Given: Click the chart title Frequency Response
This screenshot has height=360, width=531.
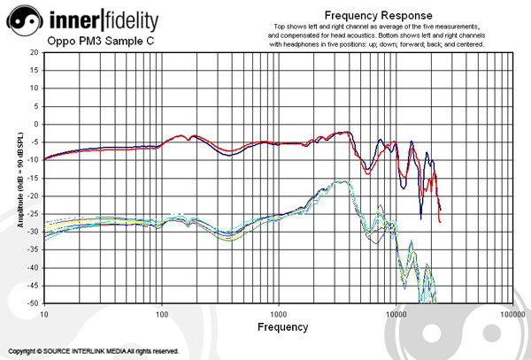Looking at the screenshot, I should [378, 15].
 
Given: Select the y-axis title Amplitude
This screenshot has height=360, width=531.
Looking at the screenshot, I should [19, 178].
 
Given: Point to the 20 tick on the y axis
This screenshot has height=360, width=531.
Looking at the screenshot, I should [34, 52].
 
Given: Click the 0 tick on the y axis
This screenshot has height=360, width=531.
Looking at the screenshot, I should [35, 124].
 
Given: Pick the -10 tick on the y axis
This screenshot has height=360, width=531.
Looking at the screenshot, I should [32, 160].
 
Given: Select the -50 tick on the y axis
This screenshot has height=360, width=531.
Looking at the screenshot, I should [32, 303].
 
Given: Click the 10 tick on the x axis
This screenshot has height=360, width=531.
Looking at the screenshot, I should [43, 313].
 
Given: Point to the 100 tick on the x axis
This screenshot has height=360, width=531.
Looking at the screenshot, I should [161, 313].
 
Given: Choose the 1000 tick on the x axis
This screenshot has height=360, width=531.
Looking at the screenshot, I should [279, 313].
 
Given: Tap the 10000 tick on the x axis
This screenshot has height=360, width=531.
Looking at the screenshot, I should [396, 313].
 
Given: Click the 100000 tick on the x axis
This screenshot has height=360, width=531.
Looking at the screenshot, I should [513, 313].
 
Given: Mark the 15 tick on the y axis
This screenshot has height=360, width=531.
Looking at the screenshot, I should [34, 70].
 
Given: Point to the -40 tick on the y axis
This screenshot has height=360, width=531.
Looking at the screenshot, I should [32, 268].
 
